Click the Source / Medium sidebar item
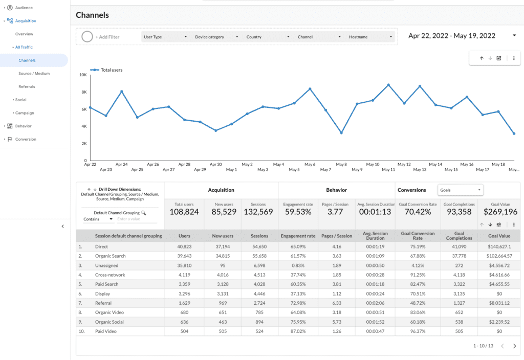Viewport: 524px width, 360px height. [x=34, y=74]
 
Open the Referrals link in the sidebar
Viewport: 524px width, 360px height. [x=27, y=86]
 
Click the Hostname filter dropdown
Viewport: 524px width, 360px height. [x=370, y=37]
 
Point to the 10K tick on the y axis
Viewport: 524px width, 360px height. [x=83, y=75]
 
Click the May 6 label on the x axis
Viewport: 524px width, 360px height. [x=310, y=165]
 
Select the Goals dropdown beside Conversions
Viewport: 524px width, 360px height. [x=461, y=190]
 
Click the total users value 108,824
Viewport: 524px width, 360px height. [x=184, y=212]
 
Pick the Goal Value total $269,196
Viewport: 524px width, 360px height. [x=500, y=212]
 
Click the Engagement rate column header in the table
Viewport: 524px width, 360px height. [x=298, y=236]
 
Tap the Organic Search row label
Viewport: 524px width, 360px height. [x=110, y=256]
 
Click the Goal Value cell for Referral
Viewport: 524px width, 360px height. [x=500, y=303]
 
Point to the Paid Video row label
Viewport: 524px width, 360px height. [x=106, y=331]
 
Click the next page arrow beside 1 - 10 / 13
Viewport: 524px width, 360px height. [x=514, y=346]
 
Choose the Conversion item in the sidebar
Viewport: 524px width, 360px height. [x=26, y=139]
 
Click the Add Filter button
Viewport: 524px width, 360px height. [x=107, y=37]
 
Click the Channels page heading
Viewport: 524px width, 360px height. [x=92, y=15]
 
